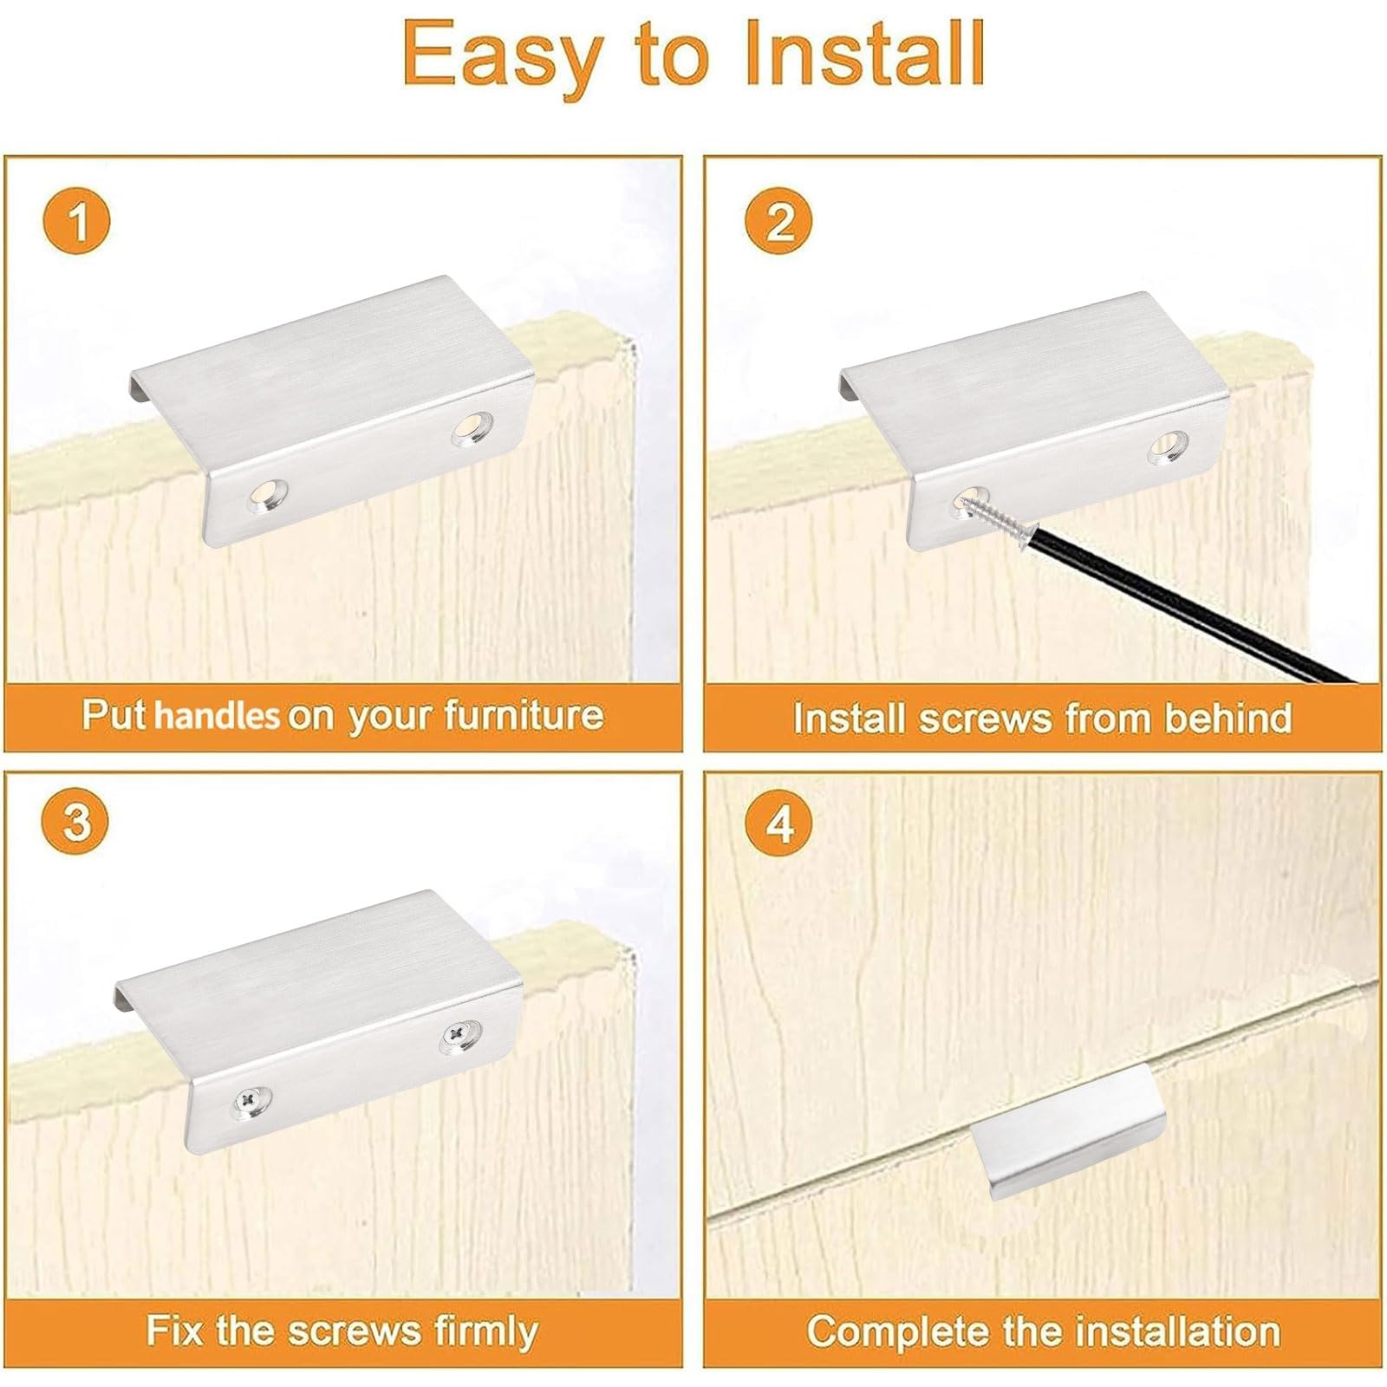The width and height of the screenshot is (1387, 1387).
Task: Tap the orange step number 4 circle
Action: (779, 822)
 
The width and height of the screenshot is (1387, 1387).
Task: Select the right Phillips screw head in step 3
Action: (456, 1033)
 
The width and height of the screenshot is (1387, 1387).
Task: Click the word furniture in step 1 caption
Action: (524, 716)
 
